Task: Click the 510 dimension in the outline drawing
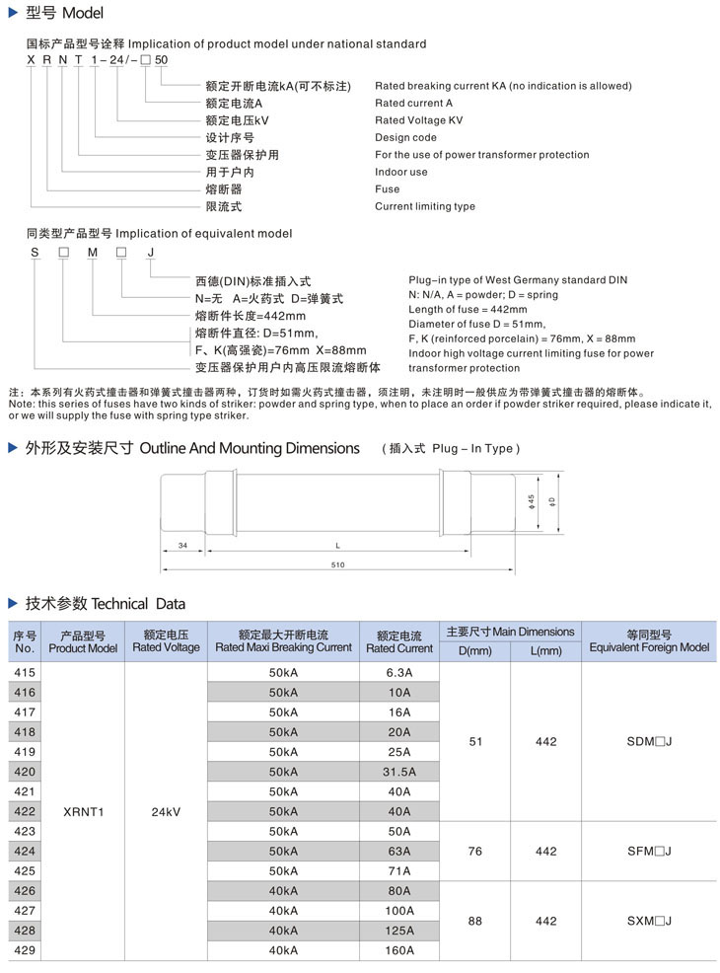pos(338,564)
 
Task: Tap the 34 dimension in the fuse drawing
pos(182,545)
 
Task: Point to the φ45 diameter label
pos(531,501)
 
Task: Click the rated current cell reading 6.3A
pos(399,672)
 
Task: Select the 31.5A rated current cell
pos(399,772)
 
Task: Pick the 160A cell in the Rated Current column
pos(399,950)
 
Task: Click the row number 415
pos(25,672)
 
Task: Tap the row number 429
pos(25,950)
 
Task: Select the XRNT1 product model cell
pos(83,811)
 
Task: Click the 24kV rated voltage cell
pos(166,811)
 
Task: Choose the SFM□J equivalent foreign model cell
pos(649,851)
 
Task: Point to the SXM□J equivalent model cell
pos(649,921)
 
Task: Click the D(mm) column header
pos(474,651)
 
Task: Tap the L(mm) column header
pos(545,651)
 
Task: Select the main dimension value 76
pos(474,851)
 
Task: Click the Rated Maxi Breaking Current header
pos(283,647)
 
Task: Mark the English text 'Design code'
pos(405,137)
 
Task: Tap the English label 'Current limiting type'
pos(424,206)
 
